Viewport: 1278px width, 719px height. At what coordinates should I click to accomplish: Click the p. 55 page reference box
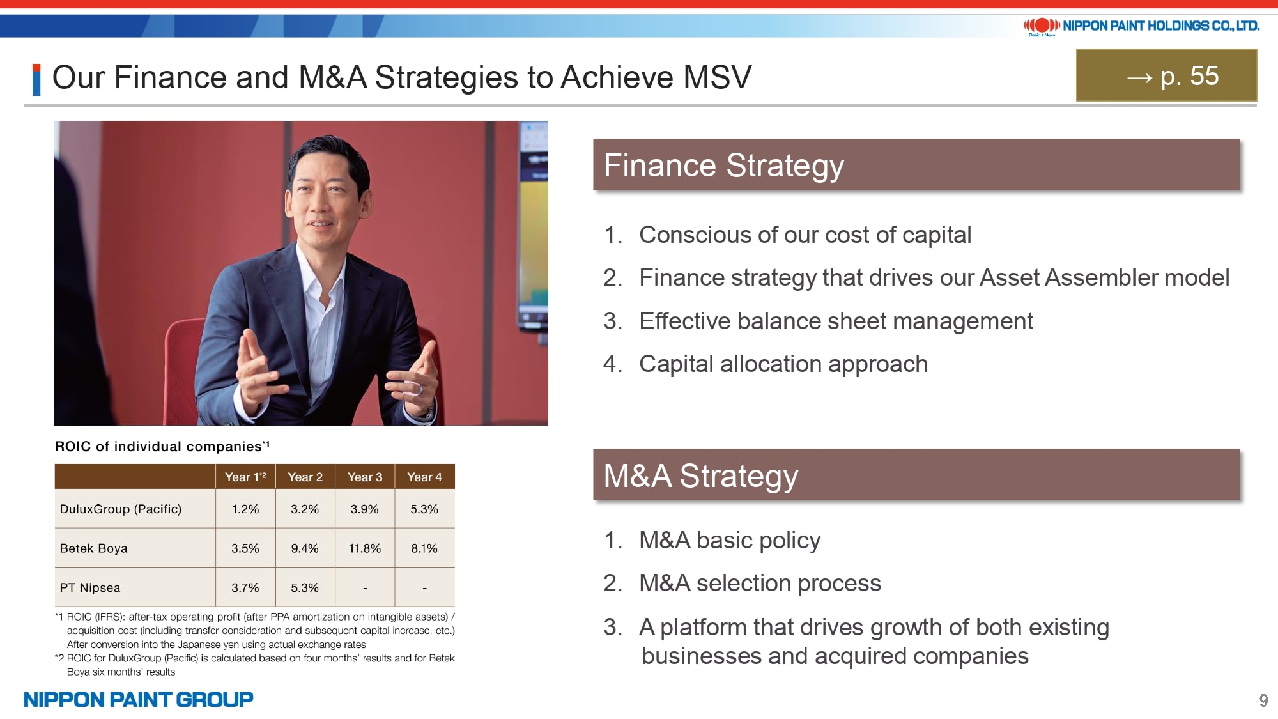[x=1166, y=75]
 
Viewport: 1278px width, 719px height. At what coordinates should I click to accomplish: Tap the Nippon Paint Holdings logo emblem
[x=1042, y=26]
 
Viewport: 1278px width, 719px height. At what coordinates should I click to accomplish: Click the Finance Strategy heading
[x=724, y=166]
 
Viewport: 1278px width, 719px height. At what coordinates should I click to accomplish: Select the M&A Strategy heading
[x=701, y=476]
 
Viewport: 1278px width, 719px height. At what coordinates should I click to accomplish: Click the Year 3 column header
[x=365, y=477]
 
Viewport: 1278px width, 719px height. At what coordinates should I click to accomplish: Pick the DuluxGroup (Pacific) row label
[x=121, y=509]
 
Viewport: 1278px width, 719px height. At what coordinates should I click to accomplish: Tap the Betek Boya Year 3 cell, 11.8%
[x=365, y=548]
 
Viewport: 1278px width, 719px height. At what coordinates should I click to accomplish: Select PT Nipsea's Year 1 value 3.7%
[x=245, y=588]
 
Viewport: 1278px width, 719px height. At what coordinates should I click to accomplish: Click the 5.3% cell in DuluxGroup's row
[x=424, y=509]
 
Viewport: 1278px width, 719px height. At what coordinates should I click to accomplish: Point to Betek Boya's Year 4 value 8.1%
[x=424, y=548]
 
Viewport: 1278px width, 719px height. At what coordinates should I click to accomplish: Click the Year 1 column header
[x=245, y=477]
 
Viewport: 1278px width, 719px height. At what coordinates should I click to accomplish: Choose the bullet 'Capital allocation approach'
[x=783, y=364]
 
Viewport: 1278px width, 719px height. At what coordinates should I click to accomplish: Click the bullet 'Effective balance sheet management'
[x=836, y=321]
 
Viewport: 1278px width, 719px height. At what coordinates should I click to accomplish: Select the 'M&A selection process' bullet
[x=760, y=584]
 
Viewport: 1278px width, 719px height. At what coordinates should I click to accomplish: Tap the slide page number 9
[x=1263, y=700]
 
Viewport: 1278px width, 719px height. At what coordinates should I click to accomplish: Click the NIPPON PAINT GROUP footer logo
[x=139, y=700]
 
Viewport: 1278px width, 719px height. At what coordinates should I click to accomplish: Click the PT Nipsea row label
[x=90, y=588]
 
